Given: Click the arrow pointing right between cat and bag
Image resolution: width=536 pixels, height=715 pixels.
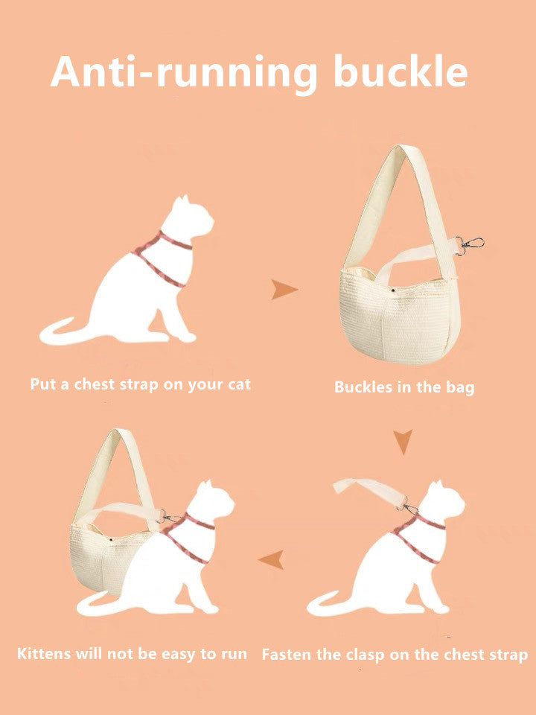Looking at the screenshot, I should tap(284, 290).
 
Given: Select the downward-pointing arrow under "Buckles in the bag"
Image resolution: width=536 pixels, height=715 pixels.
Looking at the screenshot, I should tap(403, 442).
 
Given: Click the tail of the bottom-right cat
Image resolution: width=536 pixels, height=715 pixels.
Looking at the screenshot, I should tap(328, 603).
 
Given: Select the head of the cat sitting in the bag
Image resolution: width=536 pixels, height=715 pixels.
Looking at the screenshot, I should tap(210, 500).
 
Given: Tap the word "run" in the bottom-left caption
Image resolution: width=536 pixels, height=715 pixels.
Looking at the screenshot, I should tap(233, 654).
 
